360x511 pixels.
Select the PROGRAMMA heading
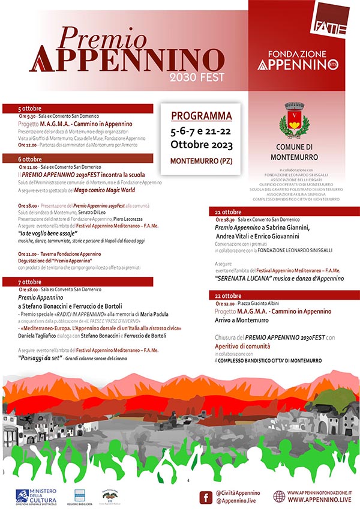(x=202, y=115)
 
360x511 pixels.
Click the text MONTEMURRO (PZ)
(x=201, y=161)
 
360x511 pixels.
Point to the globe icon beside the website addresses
(x=279, y=496)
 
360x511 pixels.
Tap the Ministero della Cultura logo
(x=40, y=496)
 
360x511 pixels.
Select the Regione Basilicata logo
(x=80, y=495)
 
